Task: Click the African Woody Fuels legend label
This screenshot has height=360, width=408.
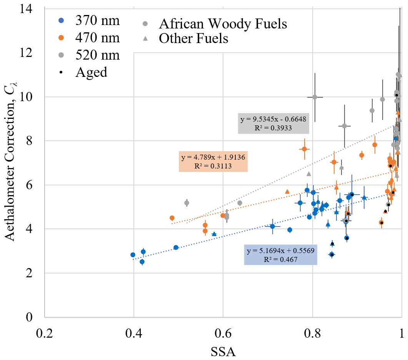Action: (222, 24)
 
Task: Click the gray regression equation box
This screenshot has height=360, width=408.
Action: (273, 123)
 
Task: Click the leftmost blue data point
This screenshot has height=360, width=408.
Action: (133, 255)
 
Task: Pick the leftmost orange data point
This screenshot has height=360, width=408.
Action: (172, 218)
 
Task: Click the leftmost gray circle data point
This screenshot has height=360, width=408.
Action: (187, 203)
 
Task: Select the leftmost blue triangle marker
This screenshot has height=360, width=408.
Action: (214, 234)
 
